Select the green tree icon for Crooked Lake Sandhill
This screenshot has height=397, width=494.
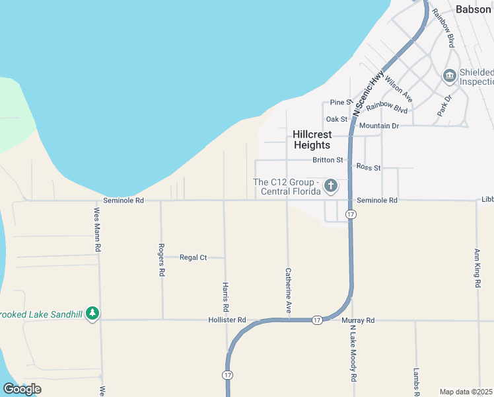pos(93,313)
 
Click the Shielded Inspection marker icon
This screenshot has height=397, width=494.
pos(450,76)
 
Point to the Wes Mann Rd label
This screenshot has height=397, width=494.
pos(97,230)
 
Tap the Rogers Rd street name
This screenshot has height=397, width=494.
pos(161,259)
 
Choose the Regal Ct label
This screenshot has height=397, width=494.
pos(194,257)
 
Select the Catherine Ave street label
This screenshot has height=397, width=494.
pos(288,290)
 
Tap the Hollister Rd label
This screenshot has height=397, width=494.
pos(228,320)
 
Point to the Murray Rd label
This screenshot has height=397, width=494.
pos(359,320)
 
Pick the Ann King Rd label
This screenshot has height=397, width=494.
pos(477,267)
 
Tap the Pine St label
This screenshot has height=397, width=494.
pos(341,102)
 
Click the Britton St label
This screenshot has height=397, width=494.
pos(328,160)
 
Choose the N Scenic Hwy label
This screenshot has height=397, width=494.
pos(368,94)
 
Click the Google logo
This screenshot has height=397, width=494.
pos(22,389)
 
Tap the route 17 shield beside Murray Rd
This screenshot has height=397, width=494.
pos(318,320)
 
